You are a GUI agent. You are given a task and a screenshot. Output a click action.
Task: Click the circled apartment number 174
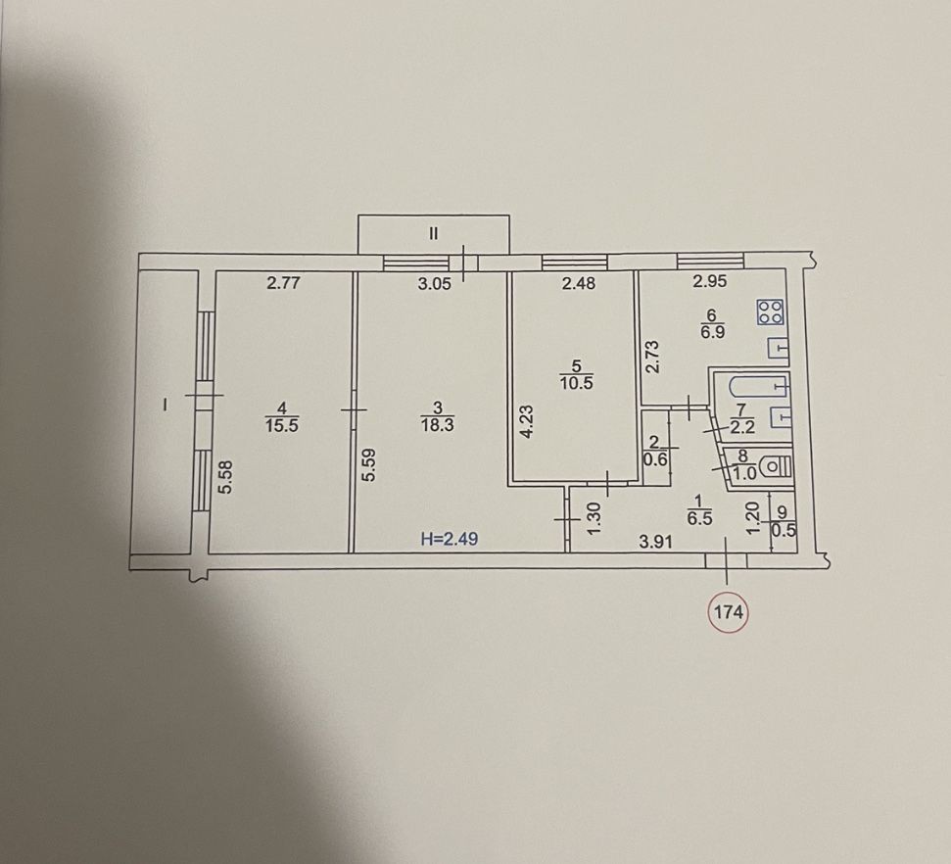coord(728,612)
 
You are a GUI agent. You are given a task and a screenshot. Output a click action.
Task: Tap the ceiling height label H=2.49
coord(450,538)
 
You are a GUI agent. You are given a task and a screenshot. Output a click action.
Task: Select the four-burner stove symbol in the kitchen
coord(770,312)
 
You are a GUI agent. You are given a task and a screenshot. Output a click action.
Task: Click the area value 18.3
coord(437,425)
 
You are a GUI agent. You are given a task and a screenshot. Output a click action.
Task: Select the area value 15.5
coord(281,425)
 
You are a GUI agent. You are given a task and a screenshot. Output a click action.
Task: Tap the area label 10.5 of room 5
coord(576,383)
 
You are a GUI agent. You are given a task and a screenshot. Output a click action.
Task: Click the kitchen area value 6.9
coord(713,332)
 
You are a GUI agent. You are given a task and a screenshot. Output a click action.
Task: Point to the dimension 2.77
coord(284,282)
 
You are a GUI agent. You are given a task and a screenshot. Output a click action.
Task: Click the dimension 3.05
coord(434,283)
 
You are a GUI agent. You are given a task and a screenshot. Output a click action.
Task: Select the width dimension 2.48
coord(579,283)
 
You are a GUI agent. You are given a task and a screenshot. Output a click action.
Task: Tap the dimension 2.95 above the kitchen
coord(710,281)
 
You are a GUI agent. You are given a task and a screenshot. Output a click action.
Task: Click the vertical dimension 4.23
coord(527,421)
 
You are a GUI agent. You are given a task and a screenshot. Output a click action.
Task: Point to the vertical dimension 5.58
coord(225,477)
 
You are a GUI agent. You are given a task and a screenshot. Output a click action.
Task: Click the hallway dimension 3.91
coord(656,541)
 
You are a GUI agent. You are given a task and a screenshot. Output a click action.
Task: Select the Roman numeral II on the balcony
coord(433,233)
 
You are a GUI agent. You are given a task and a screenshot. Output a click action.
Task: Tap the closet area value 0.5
coord(783,530)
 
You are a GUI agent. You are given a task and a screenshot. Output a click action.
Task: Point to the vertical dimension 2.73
coord(652,357)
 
